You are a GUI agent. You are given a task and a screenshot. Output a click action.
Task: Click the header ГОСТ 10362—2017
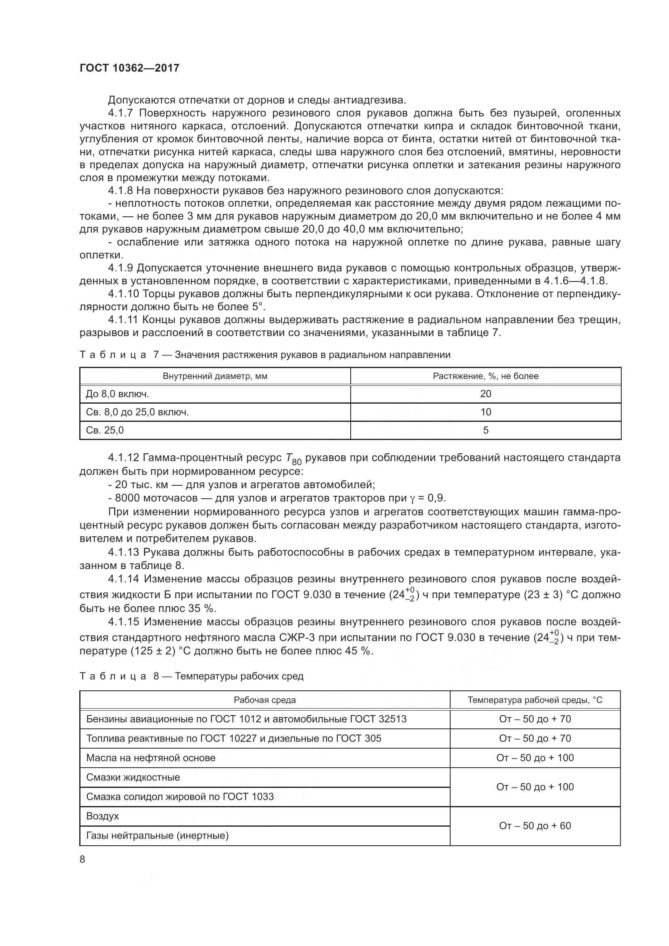tap(129, 68)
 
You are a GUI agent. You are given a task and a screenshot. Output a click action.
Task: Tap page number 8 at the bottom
tap(83, 859)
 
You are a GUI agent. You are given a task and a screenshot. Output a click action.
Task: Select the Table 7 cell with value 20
tap(485, 394)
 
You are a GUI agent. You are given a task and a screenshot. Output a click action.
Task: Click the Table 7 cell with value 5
tap(485, 430)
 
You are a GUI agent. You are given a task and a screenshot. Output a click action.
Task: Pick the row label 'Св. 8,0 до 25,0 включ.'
tap(138, 412)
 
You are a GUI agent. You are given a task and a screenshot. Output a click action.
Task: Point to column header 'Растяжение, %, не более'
tap(485, 376)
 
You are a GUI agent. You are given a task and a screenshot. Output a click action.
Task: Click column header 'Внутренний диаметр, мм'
tap(215, 376)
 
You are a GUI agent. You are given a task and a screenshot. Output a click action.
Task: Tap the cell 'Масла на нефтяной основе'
tap(151, 758)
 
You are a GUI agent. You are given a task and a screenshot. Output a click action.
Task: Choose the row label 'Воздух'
tap(103, 816)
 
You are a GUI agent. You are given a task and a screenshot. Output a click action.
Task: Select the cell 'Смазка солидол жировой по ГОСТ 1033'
tap(180, 796)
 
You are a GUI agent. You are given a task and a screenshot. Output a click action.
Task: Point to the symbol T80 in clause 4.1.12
tap(293, 459)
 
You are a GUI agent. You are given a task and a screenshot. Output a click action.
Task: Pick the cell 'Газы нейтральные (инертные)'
tap(157, 835)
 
